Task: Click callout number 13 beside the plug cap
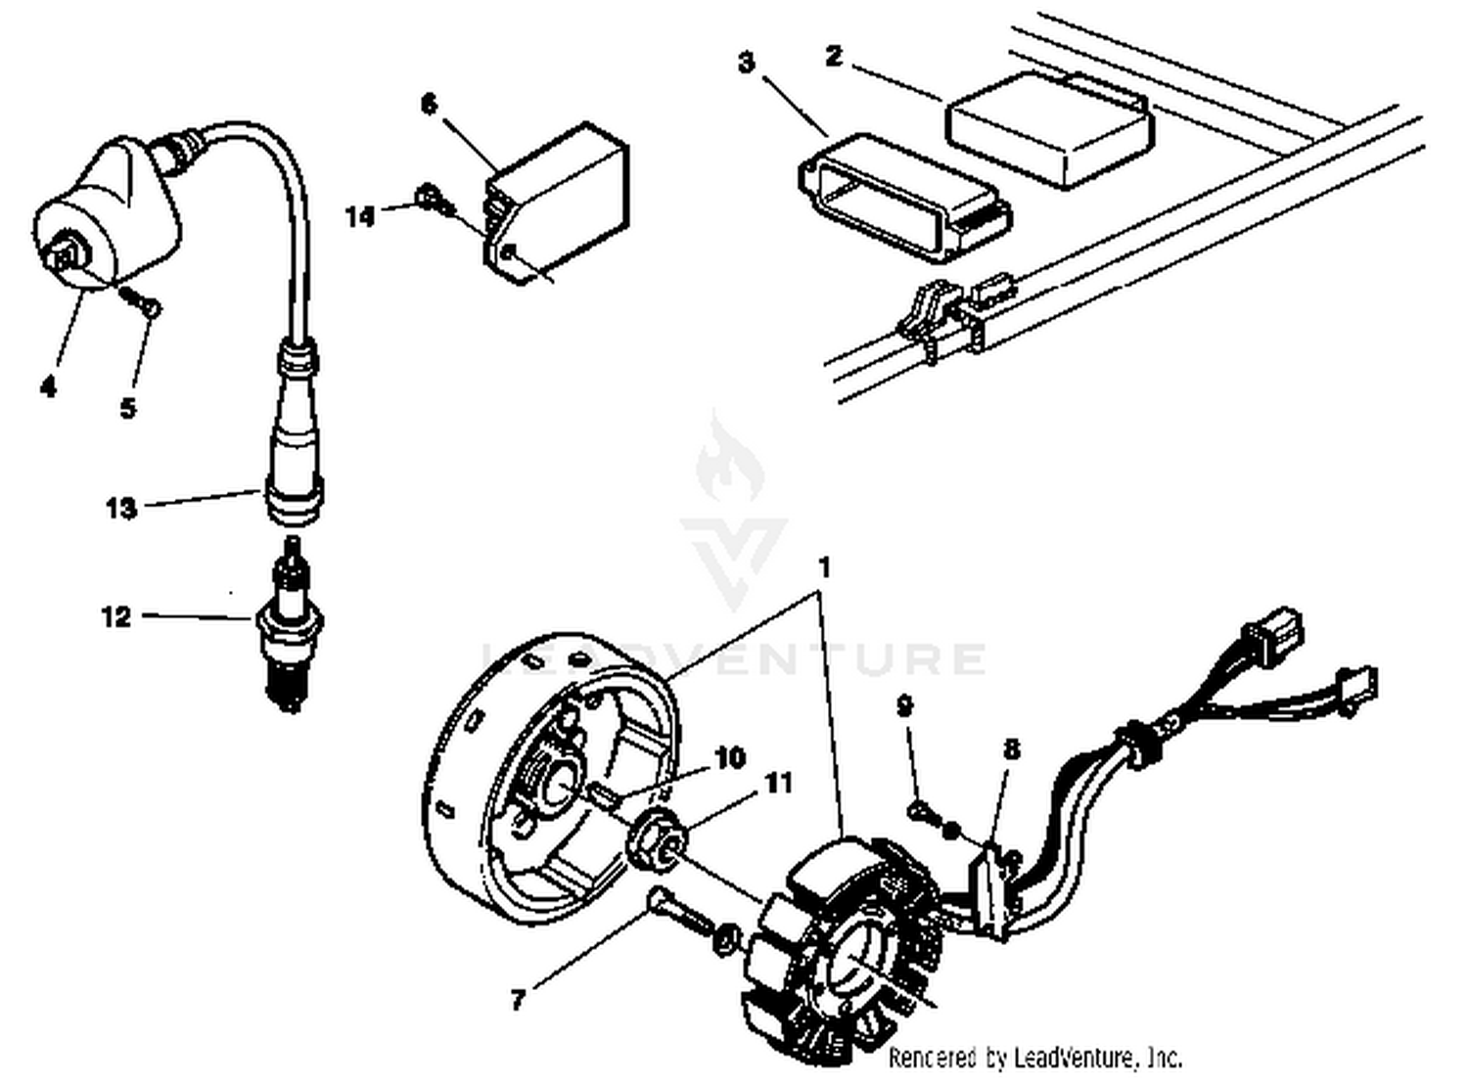[x=120, y=509]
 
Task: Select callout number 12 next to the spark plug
[x=115, y=617]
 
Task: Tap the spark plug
[x=289, y=626]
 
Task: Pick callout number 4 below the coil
[x=48, y=387]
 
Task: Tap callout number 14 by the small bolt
[x=360, y=216]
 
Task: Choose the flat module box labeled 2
[x=1049, y=127]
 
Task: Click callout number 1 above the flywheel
[x=824, y=567]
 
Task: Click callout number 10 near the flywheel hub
[x=729, y=758]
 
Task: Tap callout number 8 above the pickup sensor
[x=1011, y=749]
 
